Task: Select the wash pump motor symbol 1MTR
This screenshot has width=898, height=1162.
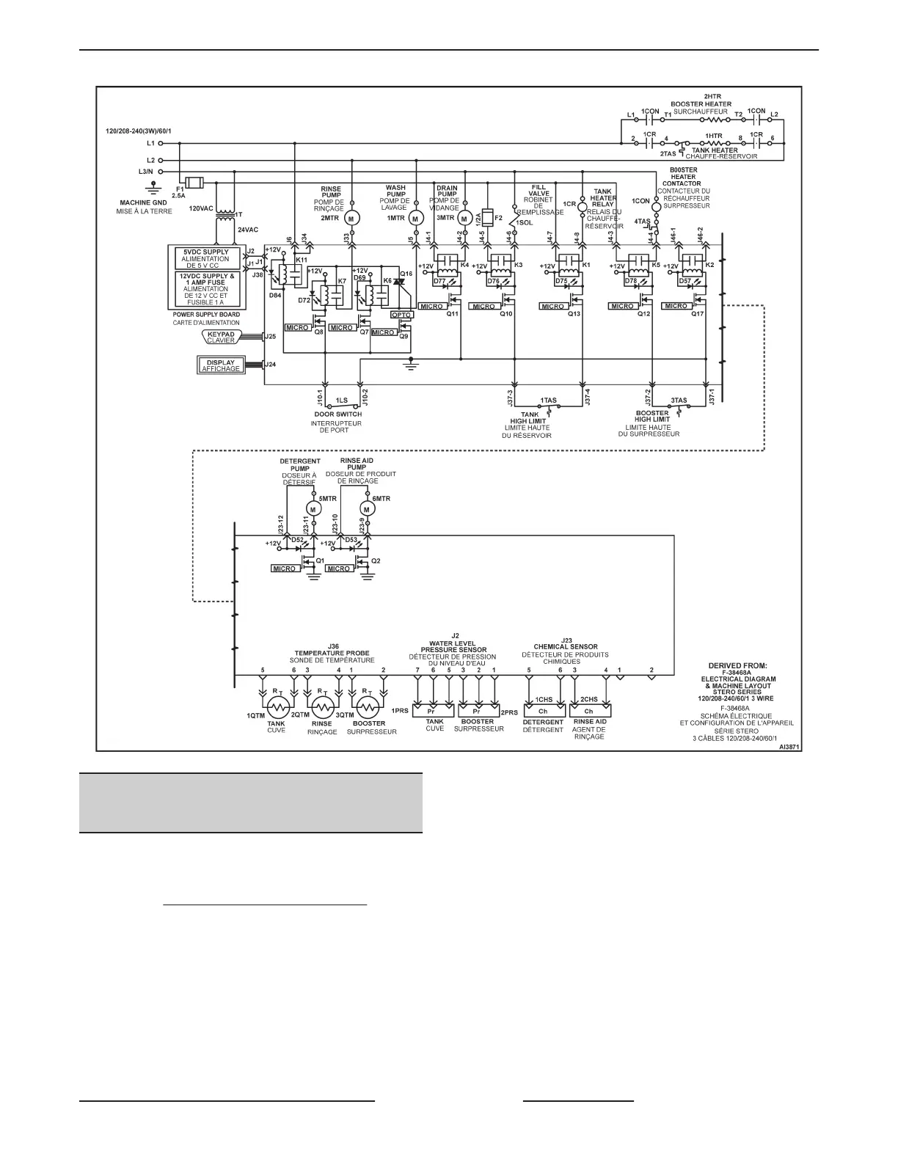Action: pyautogui.click(x=416, y=218)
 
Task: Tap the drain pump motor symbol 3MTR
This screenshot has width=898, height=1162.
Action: pyautogui.click(x=463, y=218)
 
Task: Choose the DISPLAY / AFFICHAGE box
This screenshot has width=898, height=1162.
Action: pyautogui.click(x=221, y=365)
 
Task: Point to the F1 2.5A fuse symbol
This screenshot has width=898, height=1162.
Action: pyautogui.click(x=195, y=183)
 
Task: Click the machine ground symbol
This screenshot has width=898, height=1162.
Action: pyautogui.click(x=153, y=188)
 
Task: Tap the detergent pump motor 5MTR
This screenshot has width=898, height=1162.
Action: pyautogui.click(x=313, y=508)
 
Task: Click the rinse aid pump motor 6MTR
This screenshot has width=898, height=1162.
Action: pyautogui.click(x=365, y=508)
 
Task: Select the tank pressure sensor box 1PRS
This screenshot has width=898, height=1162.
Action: pyautogui.click(x=435, y=711)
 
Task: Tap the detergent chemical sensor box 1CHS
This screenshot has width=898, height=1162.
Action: pyautogui.click(x=543, y=711)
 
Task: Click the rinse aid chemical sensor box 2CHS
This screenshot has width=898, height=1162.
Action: pyautogui.click(x=588, y=711)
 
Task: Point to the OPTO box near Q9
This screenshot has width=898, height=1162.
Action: pyautogui.click(x=401, y=315)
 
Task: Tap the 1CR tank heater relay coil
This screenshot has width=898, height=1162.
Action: pyautogui.click(x=583, y=206)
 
